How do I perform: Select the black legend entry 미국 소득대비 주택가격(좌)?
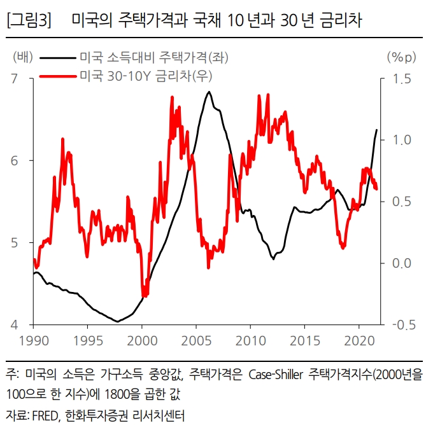(x=153, y=58)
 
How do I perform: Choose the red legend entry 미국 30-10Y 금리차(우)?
(x=146, y=76)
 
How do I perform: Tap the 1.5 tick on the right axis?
(x=401, y=79)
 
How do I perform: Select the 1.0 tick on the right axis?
(x=401, y=141)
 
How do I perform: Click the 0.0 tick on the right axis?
(x=401, y=263)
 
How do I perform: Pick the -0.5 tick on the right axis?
(x=399, y=325)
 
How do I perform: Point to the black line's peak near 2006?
(x=209, y=92)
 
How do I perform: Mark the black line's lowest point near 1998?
(x=117, y=321)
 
